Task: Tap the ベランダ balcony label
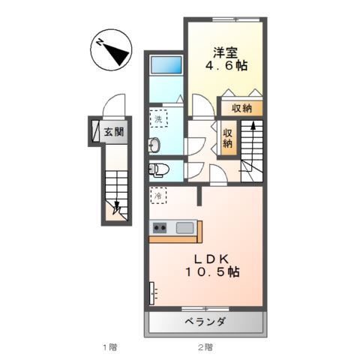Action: pos(205,322)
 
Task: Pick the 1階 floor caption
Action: pos(109,347)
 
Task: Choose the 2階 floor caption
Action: pos(205,347)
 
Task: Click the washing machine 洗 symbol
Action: pos(159,119)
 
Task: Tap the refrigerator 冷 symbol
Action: pos(159,195)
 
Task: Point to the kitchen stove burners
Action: pos(160,227)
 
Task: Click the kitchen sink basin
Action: pos(185,227)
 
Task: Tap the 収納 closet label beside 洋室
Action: pos(241,108)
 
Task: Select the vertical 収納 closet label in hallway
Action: pos(227,138)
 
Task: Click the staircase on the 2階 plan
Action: pos(251,150)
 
